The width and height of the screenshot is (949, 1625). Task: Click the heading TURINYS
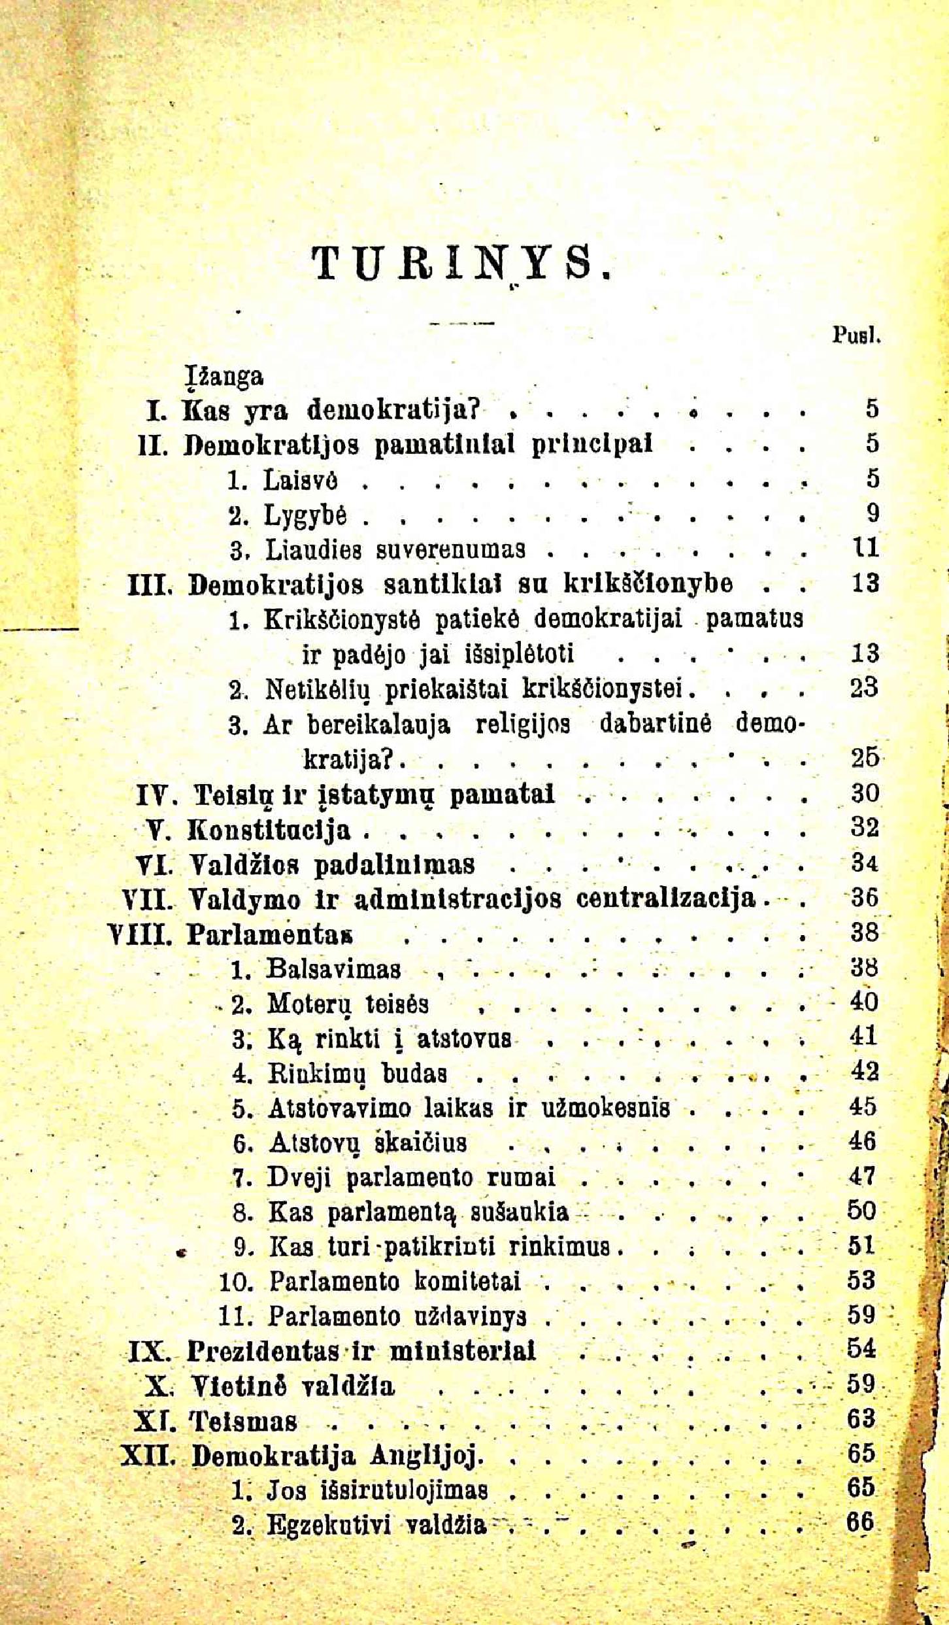tap(461, 262)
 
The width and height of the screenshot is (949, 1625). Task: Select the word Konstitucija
tap(269, 830)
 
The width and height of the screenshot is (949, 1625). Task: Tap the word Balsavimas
tap(333, 968)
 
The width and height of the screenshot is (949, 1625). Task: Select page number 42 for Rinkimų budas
tap(865, 1071)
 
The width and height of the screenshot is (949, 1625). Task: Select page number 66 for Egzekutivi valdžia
tap(861, 1524)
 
